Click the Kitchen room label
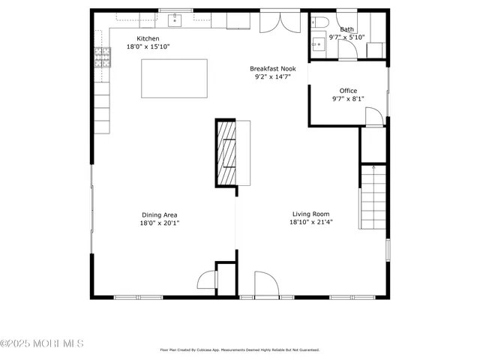[x=147, y=39]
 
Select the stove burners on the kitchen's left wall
[x=100, y=56]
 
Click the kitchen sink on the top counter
[x=175, y=17]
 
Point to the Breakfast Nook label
[x=272, y=68]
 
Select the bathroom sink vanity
[x=318, y=44]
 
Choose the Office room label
[x=348, y=91]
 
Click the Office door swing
[x=373, y=116]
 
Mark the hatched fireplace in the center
[x=226, y=153]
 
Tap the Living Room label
[x=310, y=214]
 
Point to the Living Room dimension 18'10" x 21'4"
[x=310, y=222]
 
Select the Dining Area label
[x=159, y=214]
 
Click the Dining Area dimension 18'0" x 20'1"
[x=159, y=223]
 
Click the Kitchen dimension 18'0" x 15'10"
[x=147, y=47]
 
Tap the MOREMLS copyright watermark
[x=42, y=343]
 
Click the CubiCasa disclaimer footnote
[x=240, y=349]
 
